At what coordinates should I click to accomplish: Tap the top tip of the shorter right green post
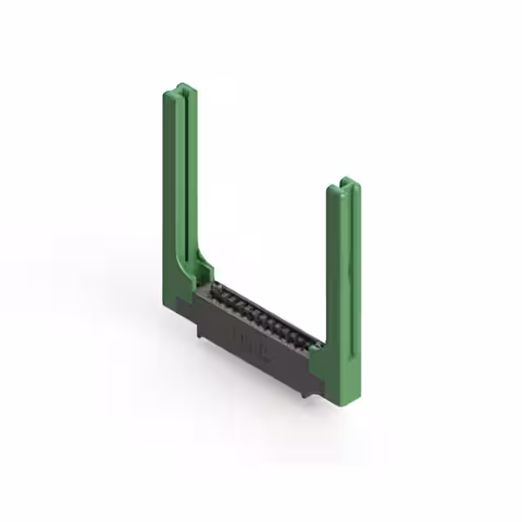(345, 179)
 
